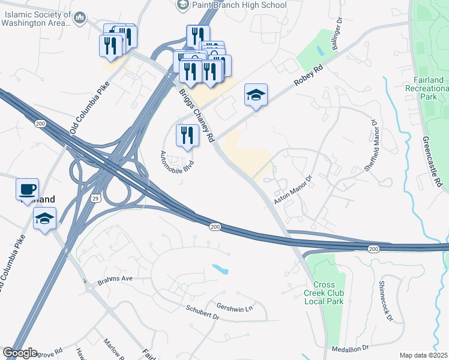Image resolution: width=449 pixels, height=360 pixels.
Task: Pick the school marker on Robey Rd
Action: click(256, 95)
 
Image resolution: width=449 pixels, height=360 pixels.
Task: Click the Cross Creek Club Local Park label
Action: click(328, 293)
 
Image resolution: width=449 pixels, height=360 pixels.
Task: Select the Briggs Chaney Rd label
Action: click(196, 115)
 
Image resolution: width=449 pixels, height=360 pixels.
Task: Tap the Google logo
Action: click(20, 353)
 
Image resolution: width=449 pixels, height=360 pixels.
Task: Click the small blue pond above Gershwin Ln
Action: click(220, 270)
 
